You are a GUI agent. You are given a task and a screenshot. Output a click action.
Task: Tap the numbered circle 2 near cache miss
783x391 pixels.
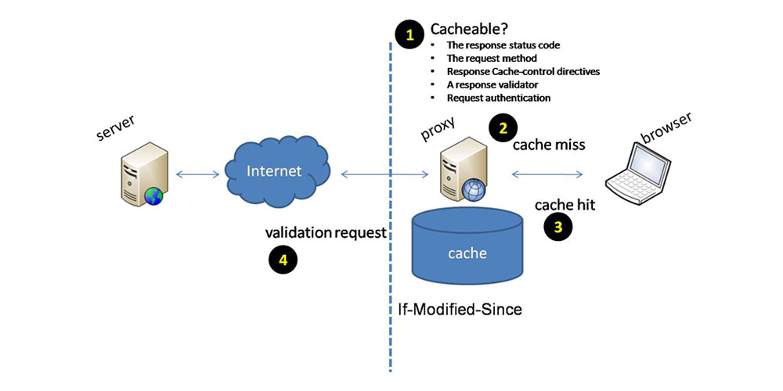tap(503, 127)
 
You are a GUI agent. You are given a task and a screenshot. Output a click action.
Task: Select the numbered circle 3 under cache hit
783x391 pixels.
tap(558, 228)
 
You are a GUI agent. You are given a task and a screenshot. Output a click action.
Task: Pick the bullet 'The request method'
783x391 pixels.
tap(491, 59)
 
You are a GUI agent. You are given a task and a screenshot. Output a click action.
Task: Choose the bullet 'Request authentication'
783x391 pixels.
tap(499, 98)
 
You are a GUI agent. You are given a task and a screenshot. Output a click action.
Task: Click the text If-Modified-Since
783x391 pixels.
tap(459, 310)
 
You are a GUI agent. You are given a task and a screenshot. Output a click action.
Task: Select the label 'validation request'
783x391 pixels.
tap(326, 232)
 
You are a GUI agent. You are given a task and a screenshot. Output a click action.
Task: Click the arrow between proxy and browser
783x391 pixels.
tap(548, 174)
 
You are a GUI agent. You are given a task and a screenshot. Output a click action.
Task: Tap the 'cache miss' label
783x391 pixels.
tap(549, 145)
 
